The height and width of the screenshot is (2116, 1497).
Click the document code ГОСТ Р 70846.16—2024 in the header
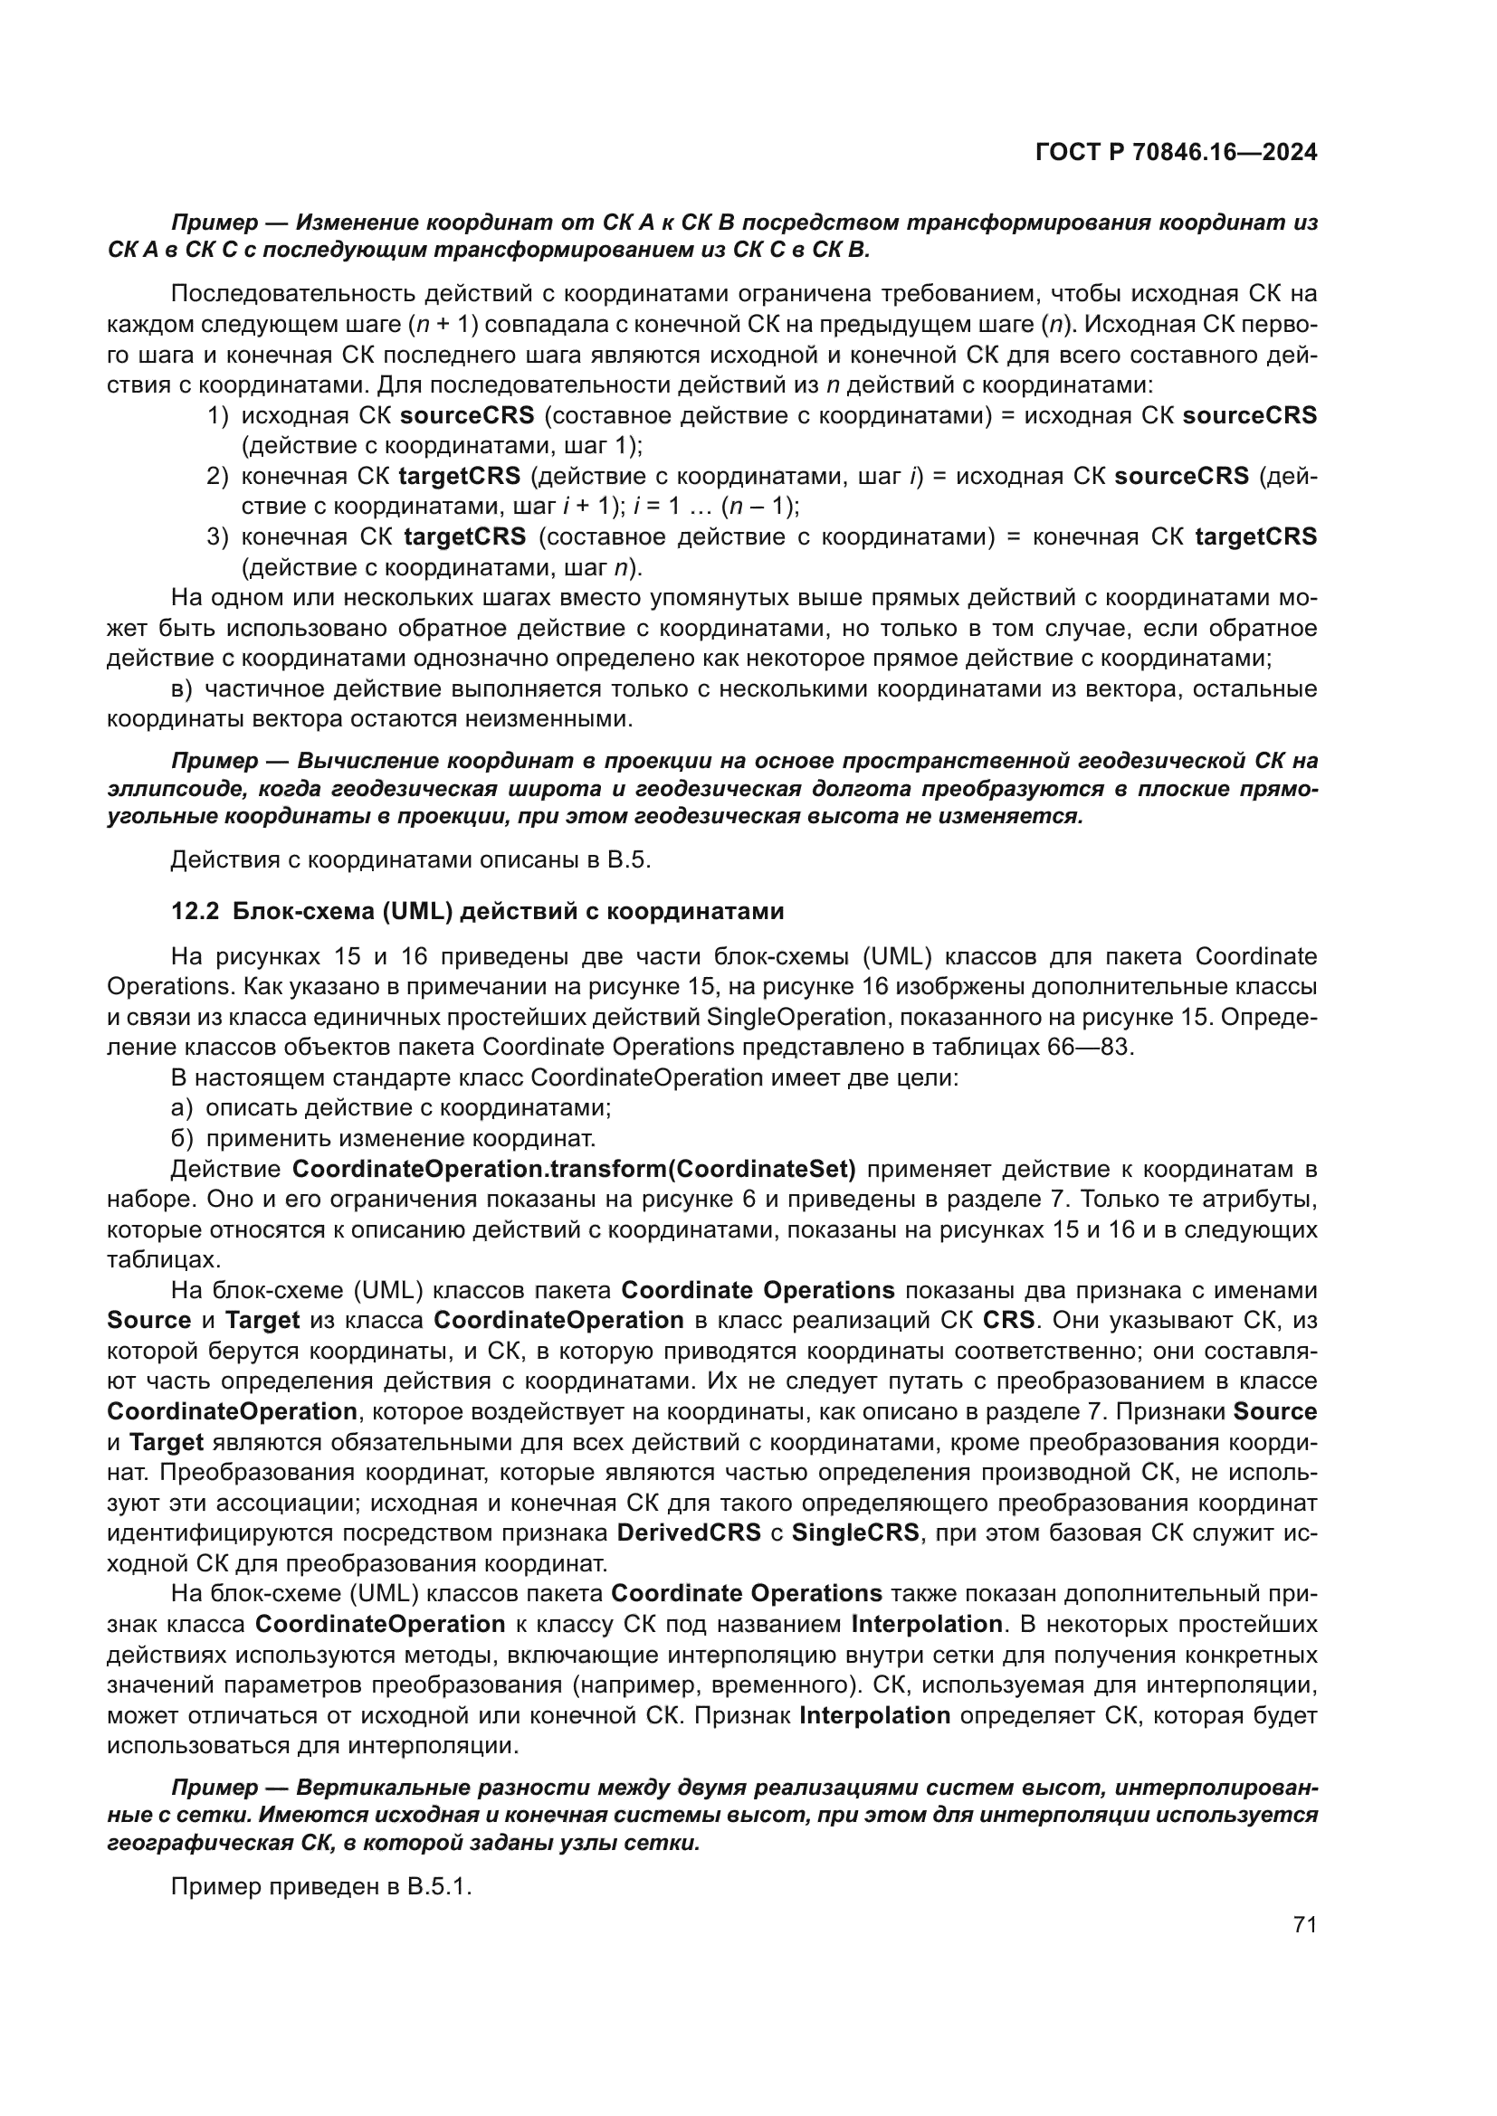(x=1176, y=152)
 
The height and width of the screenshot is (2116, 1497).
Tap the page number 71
(x=1304, y=1924)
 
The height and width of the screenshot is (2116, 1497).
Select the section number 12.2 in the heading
(x=195, y=912)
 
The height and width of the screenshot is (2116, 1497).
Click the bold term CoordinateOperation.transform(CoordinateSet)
(x=573, y=1170)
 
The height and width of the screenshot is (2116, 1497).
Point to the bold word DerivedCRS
(x=689, y=1532)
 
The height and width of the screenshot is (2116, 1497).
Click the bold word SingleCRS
(x=854, y=1532)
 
